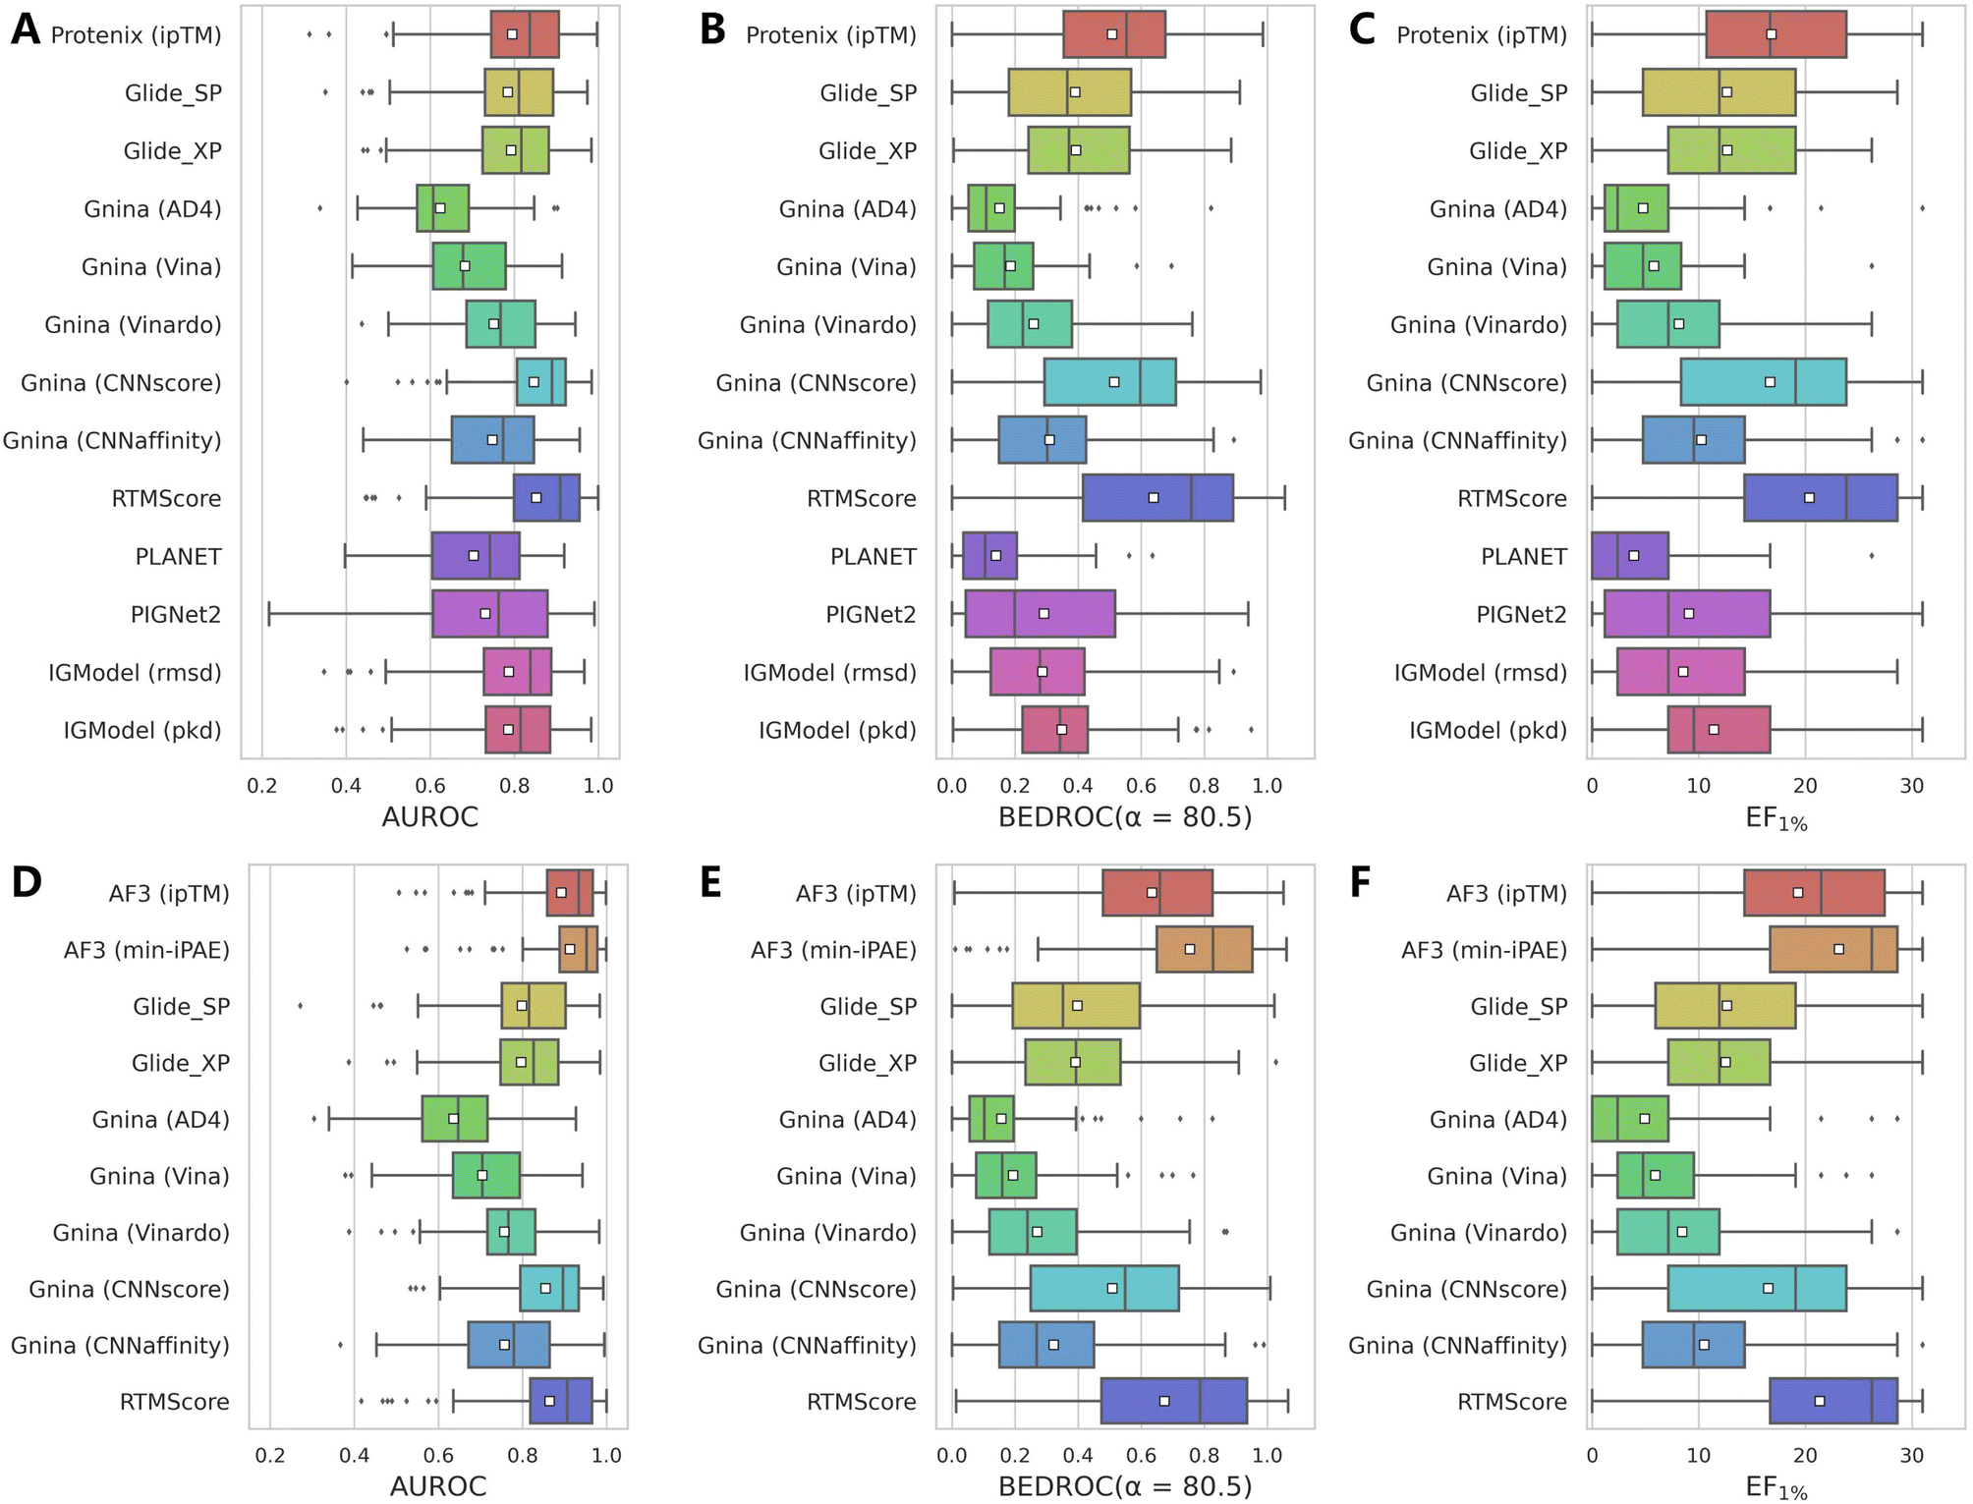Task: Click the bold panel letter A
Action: coord(26,30)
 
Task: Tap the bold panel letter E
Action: coord(711,882)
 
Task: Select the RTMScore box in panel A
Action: coord(546,498)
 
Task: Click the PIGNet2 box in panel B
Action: coord(1040,614)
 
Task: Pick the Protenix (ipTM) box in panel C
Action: coord(1776,34)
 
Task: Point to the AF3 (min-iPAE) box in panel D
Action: coord(578,949)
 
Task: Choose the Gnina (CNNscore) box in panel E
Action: coord(1104,1288)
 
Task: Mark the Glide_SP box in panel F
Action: coord(1725,1006)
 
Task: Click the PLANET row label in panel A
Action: coord(178,557)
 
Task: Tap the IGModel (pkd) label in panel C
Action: coord(1488,731)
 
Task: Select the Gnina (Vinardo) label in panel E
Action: coord(827,1233)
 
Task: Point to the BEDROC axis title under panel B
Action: coord(1125,817)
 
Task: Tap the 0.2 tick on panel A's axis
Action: coord(261,786)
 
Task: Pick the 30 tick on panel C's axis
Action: coord(1911,786)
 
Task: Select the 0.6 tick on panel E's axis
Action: coord(1141,1456)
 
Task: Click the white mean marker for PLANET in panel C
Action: coord(1634,556)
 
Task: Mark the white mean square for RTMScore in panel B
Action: coord(1154,498)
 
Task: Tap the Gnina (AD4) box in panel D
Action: coord(454,1119)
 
